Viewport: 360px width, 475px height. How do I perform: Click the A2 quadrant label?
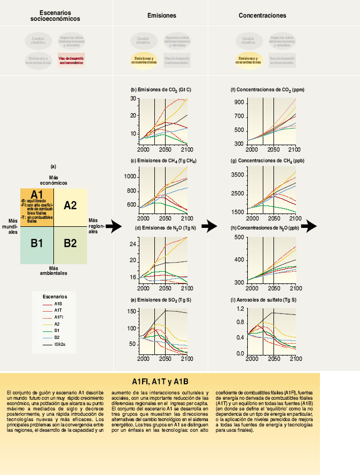(71, 205)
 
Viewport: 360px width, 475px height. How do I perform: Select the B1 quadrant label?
(37, 243)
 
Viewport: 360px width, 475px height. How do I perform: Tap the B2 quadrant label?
(71, 243)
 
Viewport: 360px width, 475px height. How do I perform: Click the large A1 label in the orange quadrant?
(37, 194)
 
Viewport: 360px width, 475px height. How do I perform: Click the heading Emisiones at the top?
(162, 17)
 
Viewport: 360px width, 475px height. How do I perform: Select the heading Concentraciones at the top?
(262, 17)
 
